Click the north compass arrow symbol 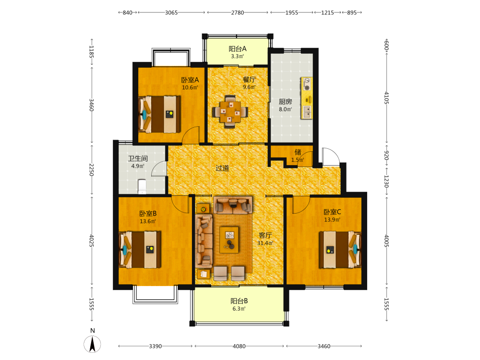tap(92, 344)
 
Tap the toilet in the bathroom tap(143, 187)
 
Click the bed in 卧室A tap(159, 115)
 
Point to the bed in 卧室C tap(340, 250)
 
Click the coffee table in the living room tap(229, 240)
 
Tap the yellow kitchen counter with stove tap(307, 98)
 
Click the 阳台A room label tap(238, 48)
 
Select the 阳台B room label tap(239, 301)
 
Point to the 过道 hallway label tap(222, 168)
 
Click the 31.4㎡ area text tap(265, 243)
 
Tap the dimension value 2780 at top tap(238, 12)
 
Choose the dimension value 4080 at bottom tap(239, 346)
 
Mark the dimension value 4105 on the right tap(386, 98)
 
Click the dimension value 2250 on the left tap(91, 169)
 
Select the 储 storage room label tap(298, 152)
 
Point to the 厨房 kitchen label tap(285, 102)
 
